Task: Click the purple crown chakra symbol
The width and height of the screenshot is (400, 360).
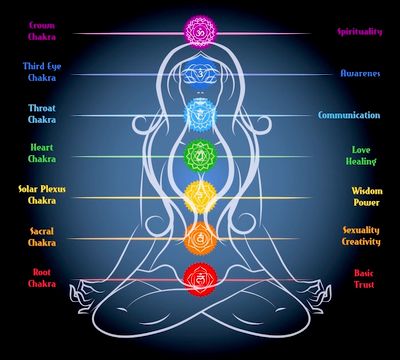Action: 201,32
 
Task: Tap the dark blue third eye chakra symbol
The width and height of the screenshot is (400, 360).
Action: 200,74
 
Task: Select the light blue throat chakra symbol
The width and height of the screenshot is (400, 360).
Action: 200,115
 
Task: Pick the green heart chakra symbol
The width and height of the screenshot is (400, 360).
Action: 201,156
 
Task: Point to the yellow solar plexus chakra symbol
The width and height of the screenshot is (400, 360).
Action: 200,197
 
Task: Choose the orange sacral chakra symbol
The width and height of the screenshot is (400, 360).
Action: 200,238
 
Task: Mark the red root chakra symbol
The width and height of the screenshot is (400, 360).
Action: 200,279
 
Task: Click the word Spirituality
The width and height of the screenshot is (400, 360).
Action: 359,32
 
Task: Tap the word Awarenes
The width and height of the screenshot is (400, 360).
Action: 360,73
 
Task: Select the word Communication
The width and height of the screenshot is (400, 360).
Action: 349,115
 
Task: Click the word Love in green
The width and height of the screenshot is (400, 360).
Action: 361,150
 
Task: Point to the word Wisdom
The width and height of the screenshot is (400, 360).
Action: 367,191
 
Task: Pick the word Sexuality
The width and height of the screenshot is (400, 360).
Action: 361,231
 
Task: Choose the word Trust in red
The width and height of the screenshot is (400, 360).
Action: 364,284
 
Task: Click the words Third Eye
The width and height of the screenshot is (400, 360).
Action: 42,66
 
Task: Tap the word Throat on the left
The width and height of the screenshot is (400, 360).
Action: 42,108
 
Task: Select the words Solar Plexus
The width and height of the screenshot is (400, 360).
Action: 42,190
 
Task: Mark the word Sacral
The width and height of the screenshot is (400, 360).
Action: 42,231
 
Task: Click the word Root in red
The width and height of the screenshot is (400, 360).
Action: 42,272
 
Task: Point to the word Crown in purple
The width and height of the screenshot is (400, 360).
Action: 42,25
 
